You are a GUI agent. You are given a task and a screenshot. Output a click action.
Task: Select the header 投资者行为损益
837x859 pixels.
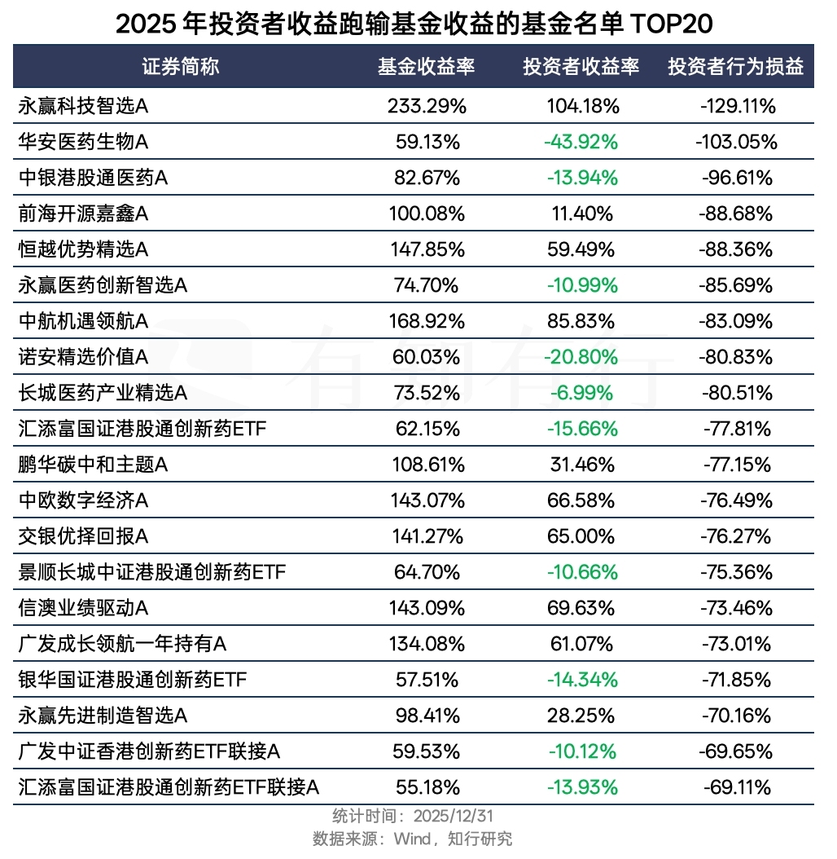click(x=735, y=67)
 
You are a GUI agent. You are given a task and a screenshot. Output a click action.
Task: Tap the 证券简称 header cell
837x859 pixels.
click(x=181, y=67)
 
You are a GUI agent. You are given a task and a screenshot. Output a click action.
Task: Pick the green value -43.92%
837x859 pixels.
click(x=581, y=142)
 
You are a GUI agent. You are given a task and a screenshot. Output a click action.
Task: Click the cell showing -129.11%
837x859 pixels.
click(x=737, y=106)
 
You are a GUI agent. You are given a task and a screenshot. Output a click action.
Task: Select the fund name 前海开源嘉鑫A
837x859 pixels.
click(x=83, y=214)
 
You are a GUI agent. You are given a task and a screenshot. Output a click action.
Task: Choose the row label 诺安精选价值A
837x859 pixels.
click(x=83, y=357)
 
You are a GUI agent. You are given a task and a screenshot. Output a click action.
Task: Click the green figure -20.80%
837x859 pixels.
click(x=581, y=357)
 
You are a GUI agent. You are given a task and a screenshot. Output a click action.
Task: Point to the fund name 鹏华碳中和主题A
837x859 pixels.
click(x=93, y=465)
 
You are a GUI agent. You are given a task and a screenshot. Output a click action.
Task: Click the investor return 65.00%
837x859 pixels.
click(x=581, y=536)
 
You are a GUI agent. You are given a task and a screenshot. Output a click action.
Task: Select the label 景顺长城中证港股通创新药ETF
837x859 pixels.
click(x=151, y=572)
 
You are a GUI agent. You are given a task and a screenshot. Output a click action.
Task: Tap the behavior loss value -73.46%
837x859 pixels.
click(x=737, y=608)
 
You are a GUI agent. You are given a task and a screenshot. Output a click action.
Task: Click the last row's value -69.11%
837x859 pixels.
click(x=737, y=787)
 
